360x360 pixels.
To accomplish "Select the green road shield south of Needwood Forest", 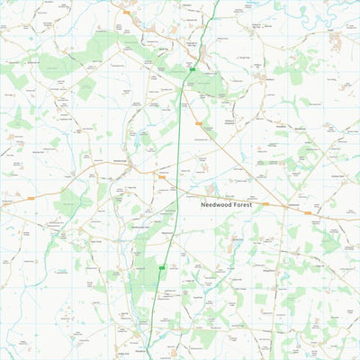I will pos(163,267).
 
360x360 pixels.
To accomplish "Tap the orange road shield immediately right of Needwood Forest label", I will pos(265,204).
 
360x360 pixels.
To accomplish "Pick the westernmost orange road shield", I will pos(31,195).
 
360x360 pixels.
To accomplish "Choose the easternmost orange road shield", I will pos(308,213).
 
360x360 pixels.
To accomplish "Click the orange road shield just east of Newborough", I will pos(162,177).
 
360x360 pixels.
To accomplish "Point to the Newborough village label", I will pos(121,163).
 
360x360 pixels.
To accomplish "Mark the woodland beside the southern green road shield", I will pos(144,270).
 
